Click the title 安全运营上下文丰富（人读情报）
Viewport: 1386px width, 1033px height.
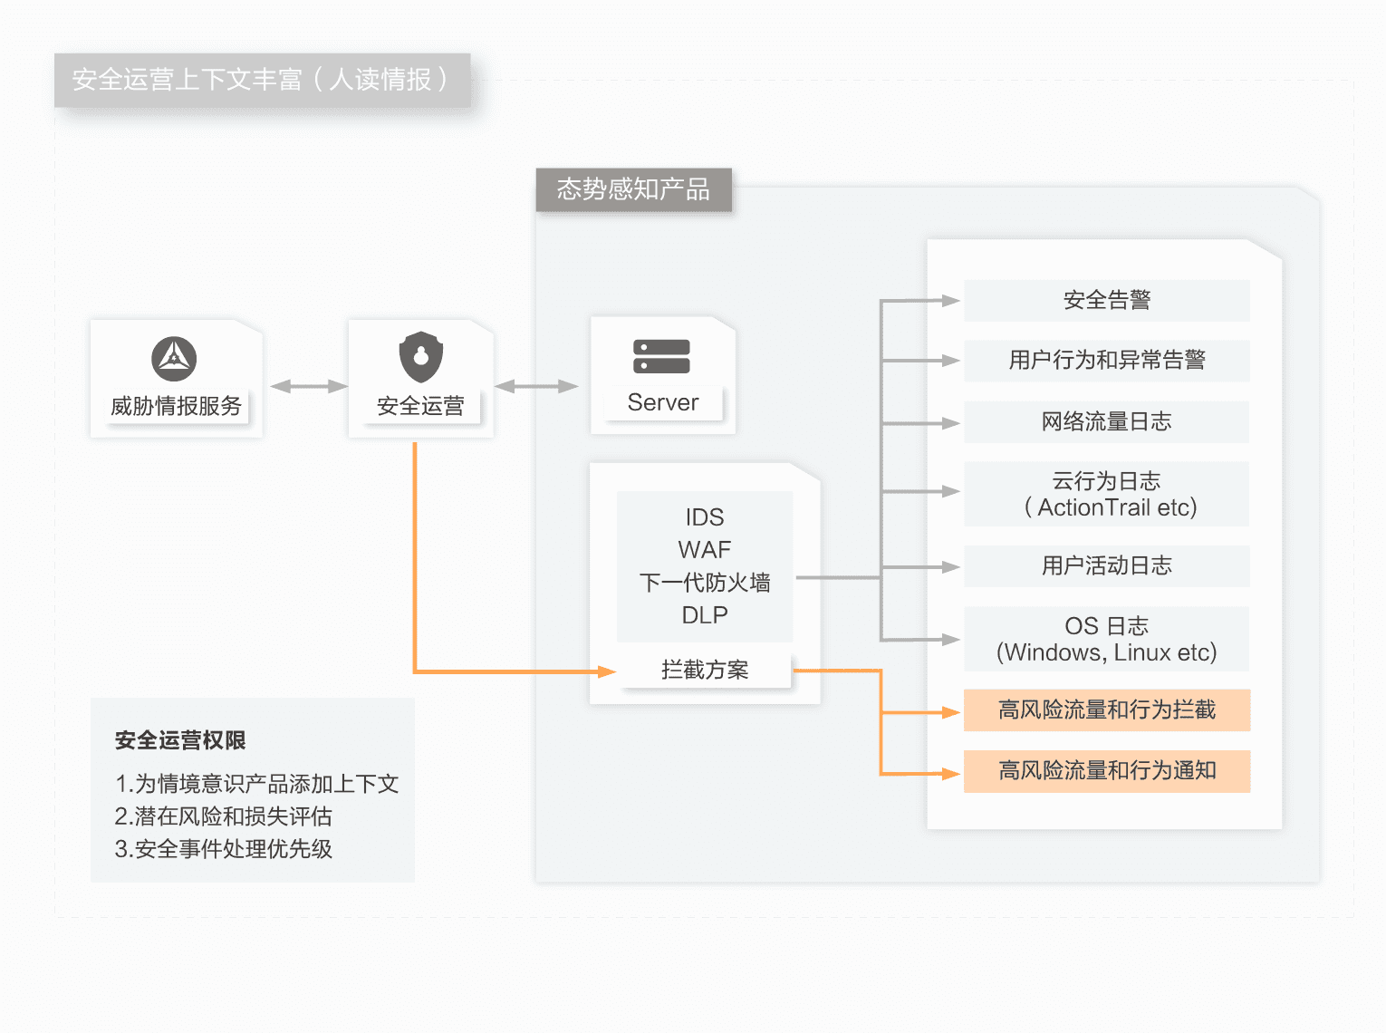tap(261, 80)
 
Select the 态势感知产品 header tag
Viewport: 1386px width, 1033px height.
tap(633, 189)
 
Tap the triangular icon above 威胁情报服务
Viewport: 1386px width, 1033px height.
tap(174, 359)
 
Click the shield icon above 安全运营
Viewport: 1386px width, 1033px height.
tap(420, 357)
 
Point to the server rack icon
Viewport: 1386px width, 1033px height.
tap(661, 357)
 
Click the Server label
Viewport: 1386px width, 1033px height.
tap(662, 402)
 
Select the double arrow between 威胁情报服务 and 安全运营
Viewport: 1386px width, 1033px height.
tap(308, 387)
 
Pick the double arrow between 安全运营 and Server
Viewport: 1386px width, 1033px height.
tap(536, 387)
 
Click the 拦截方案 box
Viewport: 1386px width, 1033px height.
tap(705, 670)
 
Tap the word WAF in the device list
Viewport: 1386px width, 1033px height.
tap(705, 550)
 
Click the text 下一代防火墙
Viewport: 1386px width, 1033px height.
tap(705, 583)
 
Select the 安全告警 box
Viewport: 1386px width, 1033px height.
tap(1106, 301)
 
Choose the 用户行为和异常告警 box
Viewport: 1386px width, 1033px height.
tap(1106, 361)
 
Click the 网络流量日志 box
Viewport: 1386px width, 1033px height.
tap(1106, 422)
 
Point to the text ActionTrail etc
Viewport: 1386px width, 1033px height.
tap(1116, 507)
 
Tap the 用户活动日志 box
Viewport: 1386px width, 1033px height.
tap(1106, 566)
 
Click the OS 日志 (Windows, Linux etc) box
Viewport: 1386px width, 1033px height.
tap(1106, 639)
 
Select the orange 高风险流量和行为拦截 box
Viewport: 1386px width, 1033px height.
tap(1106, 710)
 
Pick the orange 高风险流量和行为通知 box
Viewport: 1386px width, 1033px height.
tap(1106, 771)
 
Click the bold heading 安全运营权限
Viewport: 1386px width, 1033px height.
tap(180, 740)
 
